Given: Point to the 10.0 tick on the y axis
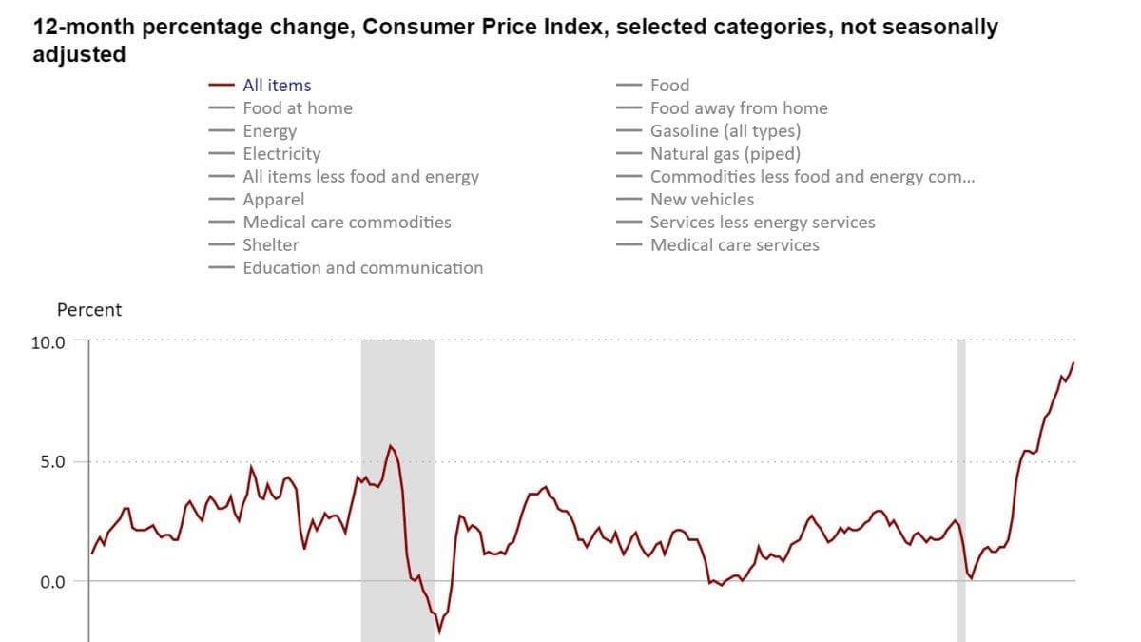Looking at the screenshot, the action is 48,343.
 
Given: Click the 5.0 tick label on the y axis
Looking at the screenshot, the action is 53,462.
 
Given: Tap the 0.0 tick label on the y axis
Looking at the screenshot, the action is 53,582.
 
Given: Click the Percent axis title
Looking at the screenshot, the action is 89,310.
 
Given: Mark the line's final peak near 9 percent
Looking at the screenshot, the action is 1073,362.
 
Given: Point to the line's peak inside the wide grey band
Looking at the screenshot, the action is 391,446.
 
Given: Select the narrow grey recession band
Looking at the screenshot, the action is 961,491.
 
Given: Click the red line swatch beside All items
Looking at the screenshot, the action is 222,85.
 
